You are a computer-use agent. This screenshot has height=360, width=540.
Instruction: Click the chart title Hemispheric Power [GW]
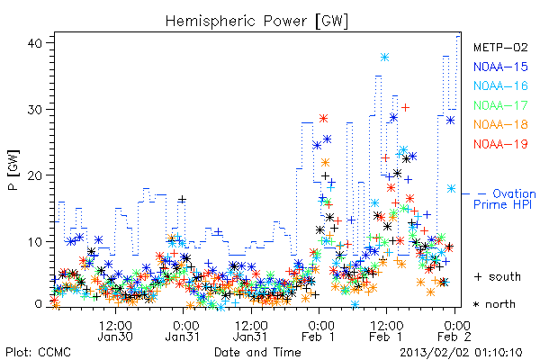(256, 21)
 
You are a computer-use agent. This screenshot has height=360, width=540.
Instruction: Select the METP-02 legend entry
(500, 47)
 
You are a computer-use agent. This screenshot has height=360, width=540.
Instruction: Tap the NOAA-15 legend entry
(500, 67)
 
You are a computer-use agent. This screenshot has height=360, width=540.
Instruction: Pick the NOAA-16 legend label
(500, 85)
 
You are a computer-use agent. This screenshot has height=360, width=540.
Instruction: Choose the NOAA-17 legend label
(500, 105)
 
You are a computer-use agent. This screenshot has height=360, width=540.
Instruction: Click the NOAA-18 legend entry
(500, 124)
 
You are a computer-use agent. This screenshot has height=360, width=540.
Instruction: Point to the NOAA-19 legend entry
(500, 144)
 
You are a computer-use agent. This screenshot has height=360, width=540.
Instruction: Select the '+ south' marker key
(498, 276)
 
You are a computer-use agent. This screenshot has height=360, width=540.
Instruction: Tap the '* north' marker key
(494, 304)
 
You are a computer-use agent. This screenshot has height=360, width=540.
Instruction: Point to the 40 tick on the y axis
(35, 43)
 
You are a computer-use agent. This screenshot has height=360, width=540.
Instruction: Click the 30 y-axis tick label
(35, 110)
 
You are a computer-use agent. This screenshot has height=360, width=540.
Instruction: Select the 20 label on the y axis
(35, 175)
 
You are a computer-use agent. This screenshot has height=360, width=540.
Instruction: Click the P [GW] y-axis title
(13, 170)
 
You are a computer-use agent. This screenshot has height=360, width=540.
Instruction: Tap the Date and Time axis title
(257, 352)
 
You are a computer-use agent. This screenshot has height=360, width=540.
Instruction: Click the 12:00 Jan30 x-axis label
(115, 331)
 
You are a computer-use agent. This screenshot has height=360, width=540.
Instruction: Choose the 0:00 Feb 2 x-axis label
(454, 331)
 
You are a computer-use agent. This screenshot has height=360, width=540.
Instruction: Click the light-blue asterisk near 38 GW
(384, 58)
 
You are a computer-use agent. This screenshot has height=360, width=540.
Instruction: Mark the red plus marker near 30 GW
(406, 107)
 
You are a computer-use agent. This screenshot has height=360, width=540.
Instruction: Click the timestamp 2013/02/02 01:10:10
(461, 353)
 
